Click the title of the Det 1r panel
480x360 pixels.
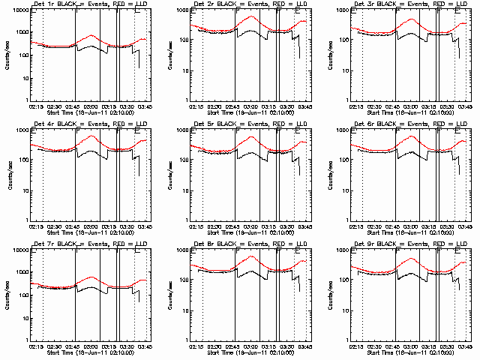pyautogui.click(x=85, y=5)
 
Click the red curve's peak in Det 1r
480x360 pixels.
pyautogui.click(x=91, y=35)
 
